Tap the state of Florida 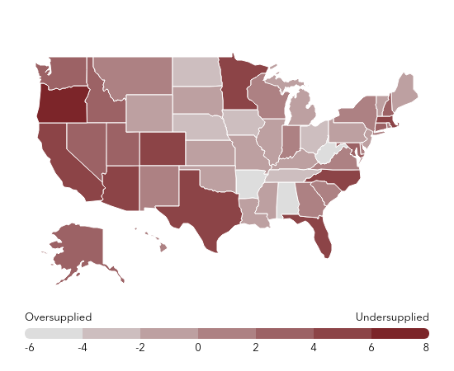(320, 234)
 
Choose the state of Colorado (160, 149)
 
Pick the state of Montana (132, 74)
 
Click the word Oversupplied (58, 317)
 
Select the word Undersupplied (392, 317)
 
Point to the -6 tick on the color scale (30, 348)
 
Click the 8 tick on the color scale (426, 348)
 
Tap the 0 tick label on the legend (198, 348)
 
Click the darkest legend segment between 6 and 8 (400, 333)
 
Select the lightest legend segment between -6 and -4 (54, 333)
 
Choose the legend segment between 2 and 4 (285, 333)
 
